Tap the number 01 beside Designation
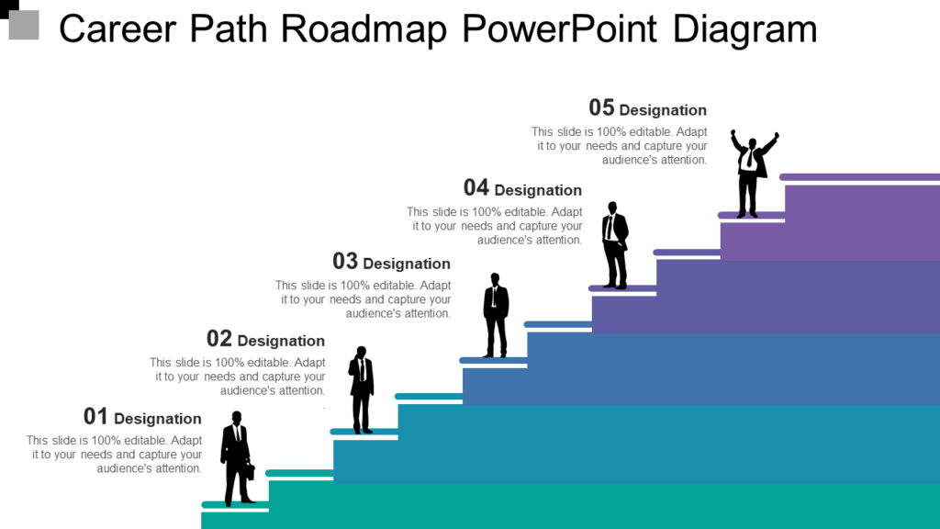[x=95, y=416]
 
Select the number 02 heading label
[x=219, y=339]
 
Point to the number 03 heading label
[x=345, y=262]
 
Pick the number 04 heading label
[x=476, y=188]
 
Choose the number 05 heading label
[x=601, y=108]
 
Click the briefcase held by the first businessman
[x=250, y=471]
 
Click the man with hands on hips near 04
[x=615, y=244]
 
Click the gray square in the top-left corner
[x=24, y=25]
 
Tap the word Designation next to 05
[x=663, y=110]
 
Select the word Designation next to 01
[x=158, y=419]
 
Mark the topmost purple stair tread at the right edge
[x=859, y=177]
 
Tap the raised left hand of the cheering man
[x=733, y=135]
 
